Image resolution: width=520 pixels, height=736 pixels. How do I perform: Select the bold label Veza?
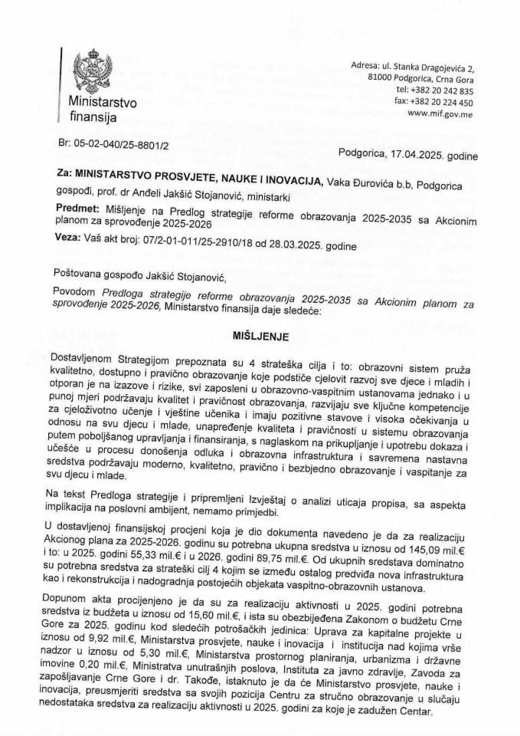click(x=70, y=238)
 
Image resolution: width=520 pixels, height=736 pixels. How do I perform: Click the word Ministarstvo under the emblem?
click(x=100, y=101)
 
